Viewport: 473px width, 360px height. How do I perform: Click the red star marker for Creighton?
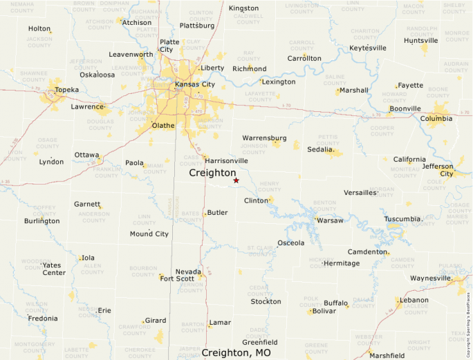236,180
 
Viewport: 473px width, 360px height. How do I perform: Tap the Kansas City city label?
195,84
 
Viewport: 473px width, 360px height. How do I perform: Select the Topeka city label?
67,90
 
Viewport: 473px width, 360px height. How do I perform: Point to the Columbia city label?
436,119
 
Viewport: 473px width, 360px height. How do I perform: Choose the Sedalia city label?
321,149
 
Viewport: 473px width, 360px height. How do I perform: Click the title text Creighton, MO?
236,352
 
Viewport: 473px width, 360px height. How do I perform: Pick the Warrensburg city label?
264,138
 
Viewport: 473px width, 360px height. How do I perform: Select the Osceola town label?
290,243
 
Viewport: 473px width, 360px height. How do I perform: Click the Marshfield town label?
387,355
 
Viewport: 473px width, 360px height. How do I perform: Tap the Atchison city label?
138,22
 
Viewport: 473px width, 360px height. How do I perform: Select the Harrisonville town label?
226,160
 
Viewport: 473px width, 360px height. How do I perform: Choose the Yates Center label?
53,269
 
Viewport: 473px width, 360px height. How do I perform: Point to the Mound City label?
149,234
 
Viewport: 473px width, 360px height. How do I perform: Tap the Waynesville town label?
430,278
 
